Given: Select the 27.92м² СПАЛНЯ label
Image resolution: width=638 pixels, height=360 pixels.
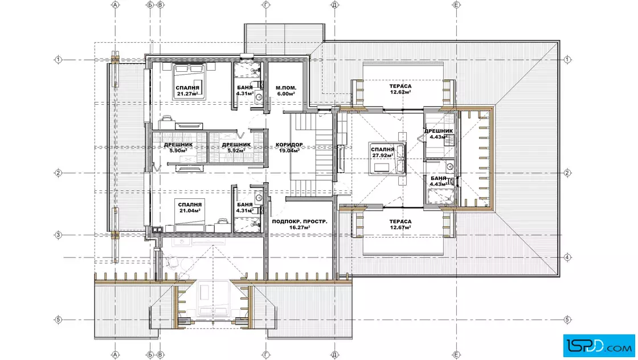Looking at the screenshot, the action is click(x=382, y=153).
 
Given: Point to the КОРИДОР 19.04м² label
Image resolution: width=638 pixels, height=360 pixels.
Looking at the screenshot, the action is click(x=289, y=148).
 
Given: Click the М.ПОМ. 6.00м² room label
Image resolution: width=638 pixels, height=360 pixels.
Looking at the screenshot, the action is click(x=286, y=91).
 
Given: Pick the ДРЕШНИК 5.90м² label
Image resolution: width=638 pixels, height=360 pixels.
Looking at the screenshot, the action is click(x=178, y=148).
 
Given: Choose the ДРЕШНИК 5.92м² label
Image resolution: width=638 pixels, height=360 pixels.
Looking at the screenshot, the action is click(x=236, y=148).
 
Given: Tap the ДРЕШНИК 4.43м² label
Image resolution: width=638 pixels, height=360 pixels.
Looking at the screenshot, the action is click(x=439, y=134).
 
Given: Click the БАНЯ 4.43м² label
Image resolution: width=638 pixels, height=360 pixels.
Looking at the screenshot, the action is click(x=439, y=181).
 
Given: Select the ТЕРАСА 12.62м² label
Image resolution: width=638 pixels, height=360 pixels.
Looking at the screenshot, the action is click(x=400, y=89).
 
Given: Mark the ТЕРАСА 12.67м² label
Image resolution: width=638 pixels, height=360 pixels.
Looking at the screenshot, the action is click(x=400, y=224).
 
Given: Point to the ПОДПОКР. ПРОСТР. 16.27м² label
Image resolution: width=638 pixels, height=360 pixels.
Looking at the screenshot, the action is click(x=300, y=224).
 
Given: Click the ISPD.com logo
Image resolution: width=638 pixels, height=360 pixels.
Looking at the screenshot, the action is click(x=599, y=346).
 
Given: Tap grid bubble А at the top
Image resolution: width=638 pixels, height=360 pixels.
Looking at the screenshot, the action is click(x=115, y=5).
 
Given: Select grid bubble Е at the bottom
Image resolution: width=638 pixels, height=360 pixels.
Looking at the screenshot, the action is click(x=456, y=355).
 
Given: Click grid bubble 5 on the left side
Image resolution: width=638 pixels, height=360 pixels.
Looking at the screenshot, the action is click(x=58, y=320).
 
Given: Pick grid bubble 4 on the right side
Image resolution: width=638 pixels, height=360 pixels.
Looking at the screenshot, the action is click(x=567, y=257).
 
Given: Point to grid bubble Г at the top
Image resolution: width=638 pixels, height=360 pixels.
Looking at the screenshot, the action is click(x=266, y=5).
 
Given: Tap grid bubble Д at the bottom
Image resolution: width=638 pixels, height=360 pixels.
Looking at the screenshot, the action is click(x=334, y=355).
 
